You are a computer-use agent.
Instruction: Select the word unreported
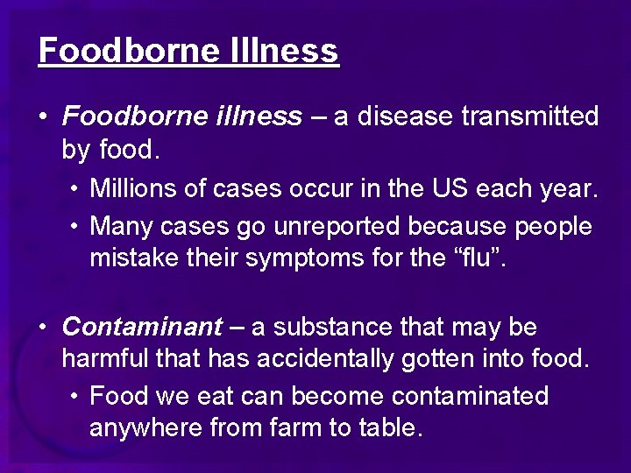(336, 225)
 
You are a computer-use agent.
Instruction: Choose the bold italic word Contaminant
(142, 327)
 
